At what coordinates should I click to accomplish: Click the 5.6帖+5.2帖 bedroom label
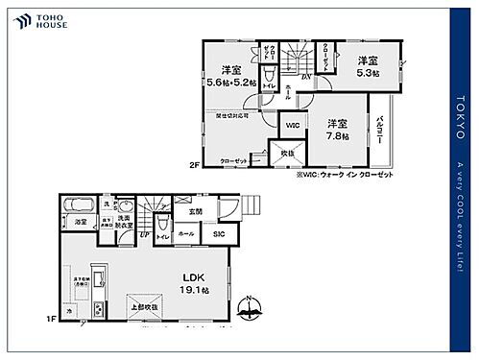[230, 77]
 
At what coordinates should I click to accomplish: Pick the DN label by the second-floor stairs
[304, 77]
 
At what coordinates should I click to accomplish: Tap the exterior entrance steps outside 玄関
[252, 204]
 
